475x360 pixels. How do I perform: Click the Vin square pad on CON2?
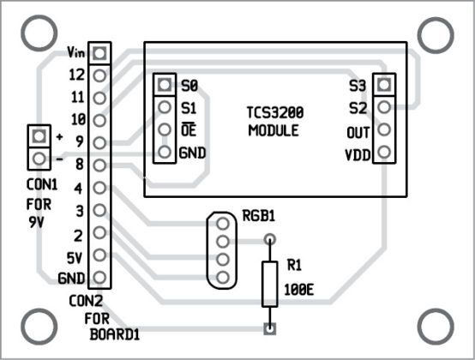(99, 53)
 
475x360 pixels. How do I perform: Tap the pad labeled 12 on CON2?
(99, 75)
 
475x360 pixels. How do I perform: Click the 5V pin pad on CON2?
(99, 255)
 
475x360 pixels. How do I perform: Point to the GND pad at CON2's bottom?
(99, 278)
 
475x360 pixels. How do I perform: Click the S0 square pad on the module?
(164, 86)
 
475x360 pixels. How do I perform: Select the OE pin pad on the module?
(164, 130)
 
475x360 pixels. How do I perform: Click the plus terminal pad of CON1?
(37, 136)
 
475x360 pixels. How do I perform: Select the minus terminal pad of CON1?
(37, 159)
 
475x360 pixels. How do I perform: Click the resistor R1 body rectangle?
(270, 284)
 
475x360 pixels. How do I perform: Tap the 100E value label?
(298, 289)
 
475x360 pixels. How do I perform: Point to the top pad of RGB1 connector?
(223, 223)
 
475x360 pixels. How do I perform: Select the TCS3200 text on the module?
(274, 112)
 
